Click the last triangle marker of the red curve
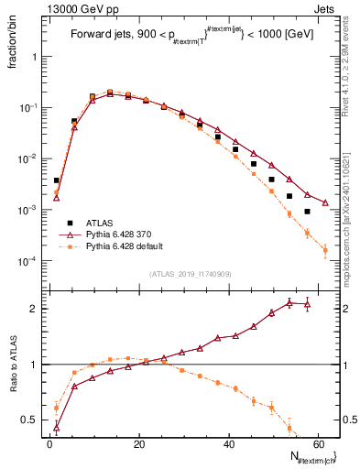click(325, 202)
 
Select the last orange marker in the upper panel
click(325, 250)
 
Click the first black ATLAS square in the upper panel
click(56, 181)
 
